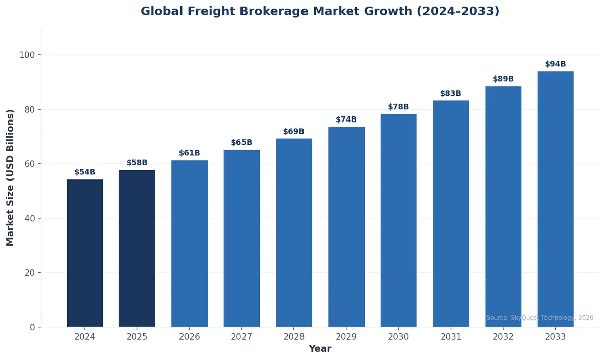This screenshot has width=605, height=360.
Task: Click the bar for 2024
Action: coord(85,253)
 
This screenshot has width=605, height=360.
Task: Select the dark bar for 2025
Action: coord(137,249)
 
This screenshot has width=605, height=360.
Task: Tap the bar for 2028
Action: coord(294,232)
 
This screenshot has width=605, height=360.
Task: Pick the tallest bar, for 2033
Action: coord(556,199)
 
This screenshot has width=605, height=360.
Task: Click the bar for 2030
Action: coord(399,220)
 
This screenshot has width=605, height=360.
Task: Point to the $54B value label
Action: coord(85,172)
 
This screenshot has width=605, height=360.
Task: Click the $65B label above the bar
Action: coord(241,143)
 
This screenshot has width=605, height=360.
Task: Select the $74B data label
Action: coord(346,120)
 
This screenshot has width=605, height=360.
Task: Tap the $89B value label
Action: coord(503,79)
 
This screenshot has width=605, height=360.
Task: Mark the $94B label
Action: coord(556,64)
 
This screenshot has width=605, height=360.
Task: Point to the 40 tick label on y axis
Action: coord(30,218)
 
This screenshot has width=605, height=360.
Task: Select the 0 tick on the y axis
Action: coord(33,327)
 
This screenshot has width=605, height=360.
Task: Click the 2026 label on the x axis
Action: coord(190,337)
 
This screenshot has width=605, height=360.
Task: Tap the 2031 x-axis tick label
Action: coord(451,337)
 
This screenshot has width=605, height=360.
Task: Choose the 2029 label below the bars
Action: coord(346,337)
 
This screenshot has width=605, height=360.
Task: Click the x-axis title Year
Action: coord(320,349)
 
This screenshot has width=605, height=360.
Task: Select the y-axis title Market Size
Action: coord(11,177)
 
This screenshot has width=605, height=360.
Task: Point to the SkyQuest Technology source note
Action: coord(539,318)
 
